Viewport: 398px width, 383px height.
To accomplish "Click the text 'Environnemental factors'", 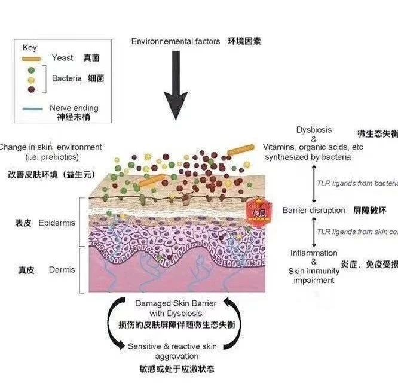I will point(175,41).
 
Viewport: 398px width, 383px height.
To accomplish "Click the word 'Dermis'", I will point(63,270).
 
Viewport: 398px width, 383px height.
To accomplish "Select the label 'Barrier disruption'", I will point(314,210).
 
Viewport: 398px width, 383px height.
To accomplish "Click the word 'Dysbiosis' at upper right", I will point(314,130).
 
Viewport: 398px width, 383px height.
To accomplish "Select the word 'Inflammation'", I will point(314,253).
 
